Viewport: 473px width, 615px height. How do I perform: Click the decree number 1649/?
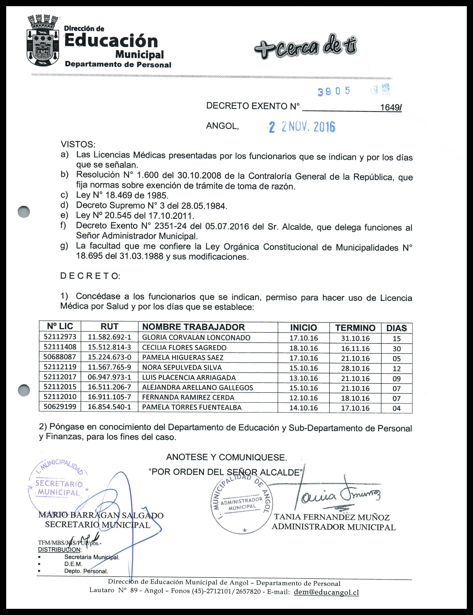(391, 107)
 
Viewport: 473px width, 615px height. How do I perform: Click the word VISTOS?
(78, 144)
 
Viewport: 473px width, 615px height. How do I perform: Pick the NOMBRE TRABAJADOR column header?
(193, 327)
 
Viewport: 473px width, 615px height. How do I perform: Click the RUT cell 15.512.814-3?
(109, 347)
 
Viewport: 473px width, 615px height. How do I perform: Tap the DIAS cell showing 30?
(396, 349)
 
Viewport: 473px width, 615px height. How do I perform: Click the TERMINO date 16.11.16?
(355, 349)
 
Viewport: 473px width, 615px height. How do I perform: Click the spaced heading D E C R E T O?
(90, 276)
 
